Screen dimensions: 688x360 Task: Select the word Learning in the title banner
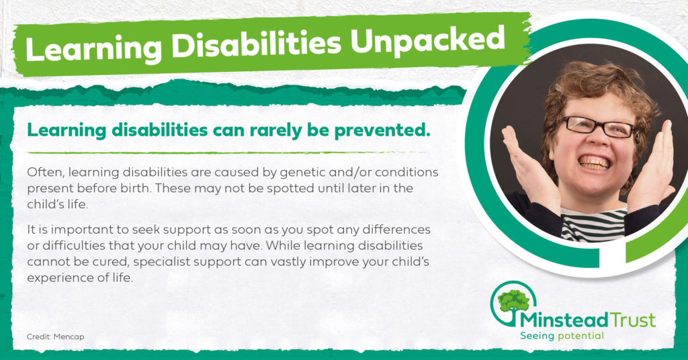93,48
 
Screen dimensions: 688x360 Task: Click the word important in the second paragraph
79,230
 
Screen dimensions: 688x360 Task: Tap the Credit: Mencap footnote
55,336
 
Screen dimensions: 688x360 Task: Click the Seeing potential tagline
562,336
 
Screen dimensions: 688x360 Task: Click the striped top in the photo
594,224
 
